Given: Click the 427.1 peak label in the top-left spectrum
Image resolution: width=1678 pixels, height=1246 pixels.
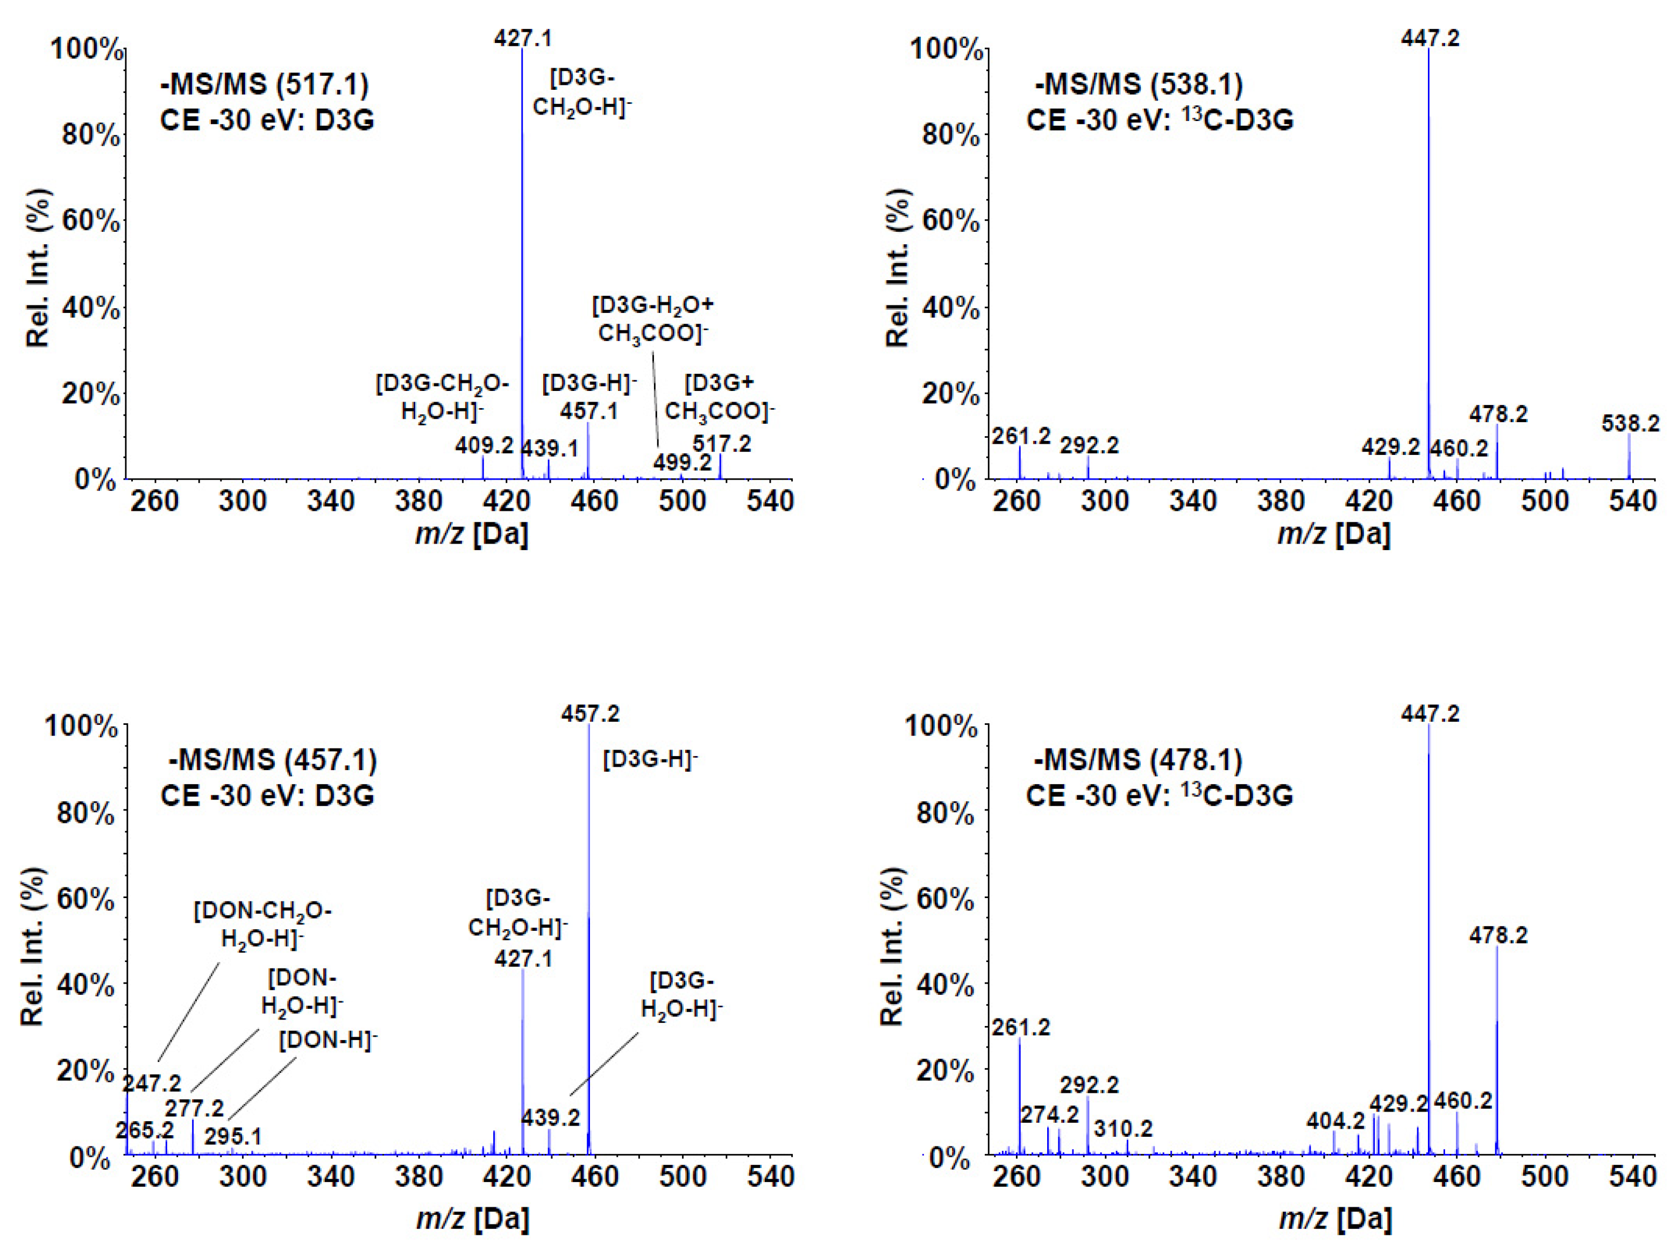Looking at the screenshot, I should click(x=523, y=38).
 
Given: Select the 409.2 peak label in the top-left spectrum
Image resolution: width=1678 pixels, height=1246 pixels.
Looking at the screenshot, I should click(x=484, y=446).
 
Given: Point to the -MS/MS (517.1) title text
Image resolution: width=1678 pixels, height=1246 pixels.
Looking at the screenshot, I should click(x=265, y=84).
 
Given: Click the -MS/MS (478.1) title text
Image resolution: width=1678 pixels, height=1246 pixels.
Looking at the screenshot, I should click(x=1137, y=759).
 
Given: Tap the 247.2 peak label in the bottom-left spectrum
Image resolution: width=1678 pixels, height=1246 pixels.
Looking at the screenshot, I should click(x=152, y=1084).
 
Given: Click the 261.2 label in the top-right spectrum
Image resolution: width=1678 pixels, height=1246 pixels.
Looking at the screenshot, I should click(x=1021, y=436).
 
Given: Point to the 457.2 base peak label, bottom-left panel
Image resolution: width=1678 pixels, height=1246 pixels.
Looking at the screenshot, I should click(x=590, y=714).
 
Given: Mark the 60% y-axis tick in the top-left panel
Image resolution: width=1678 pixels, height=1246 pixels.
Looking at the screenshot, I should click(x=90, y=221).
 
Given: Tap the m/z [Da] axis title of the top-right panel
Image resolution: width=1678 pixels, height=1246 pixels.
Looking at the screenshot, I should click(x=1333, y=534).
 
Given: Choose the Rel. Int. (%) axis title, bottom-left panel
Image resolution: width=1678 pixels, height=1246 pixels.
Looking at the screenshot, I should click(x=33, y=946).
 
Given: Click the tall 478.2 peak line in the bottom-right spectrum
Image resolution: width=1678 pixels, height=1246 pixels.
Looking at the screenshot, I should click(x=1497, y=1056).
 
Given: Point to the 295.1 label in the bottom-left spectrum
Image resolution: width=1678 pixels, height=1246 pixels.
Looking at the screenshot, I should click(x=233, y=1136).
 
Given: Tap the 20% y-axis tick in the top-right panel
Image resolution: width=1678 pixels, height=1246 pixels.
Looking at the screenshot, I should click(x=950, y=394).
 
